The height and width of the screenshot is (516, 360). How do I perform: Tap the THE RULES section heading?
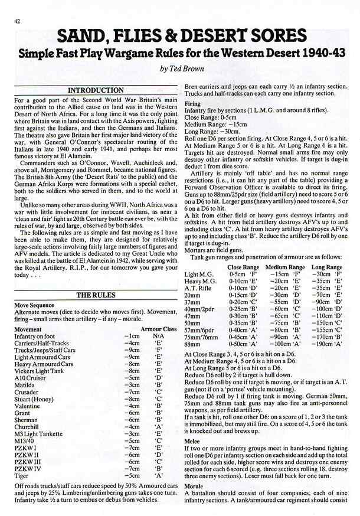point(95,295)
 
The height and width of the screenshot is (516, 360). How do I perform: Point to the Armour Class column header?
point(158,329)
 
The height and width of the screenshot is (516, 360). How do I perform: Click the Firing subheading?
point(192,103)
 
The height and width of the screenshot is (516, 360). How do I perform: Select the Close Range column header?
point(243,267)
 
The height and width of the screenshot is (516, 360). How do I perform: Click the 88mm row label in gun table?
point(193,343)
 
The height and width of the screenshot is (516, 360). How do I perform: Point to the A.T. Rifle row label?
point(200,288)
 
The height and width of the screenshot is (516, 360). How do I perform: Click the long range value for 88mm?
point(330,343)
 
